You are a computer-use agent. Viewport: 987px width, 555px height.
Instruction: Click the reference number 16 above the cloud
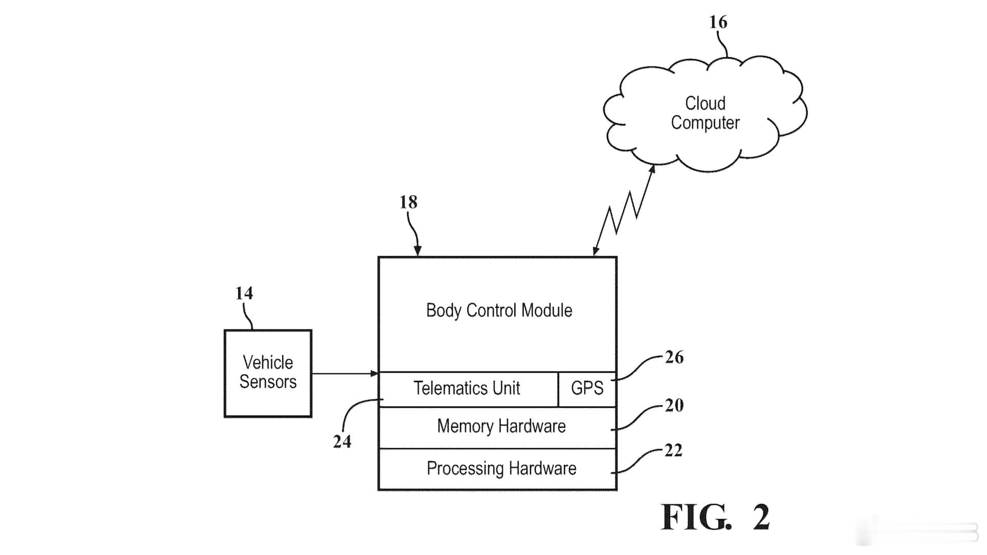(x=718, y=22)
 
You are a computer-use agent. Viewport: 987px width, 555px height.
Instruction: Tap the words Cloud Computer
(x=705, y=113)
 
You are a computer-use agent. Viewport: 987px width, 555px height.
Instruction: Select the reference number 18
(x=409, y=202)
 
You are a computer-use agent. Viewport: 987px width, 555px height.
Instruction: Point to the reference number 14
(x=244, y=293)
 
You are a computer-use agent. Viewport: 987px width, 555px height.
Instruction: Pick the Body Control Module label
(x=499, y=310)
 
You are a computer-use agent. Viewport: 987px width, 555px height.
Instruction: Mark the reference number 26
(x=674, y=357)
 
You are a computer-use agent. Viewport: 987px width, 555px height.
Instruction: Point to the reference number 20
(x=674, y=405)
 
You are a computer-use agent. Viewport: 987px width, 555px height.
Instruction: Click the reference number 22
(x=673, y=451)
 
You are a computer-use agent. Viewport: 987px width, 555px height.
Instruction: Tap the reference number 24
(x=342, y=441)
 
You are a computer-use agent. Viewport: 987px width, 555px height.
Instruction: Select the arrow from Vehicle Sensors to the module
(x=345, y=374)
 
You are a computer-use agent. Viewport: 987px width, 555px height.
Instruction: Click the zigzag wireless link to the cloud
(x=623, y=211)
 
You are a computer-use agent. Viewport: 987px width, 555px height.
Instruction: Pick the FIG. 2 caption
(x=716, y=516)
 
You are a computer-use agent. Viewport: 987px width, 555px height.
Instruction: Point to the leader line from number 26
(x=637, y=367)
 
